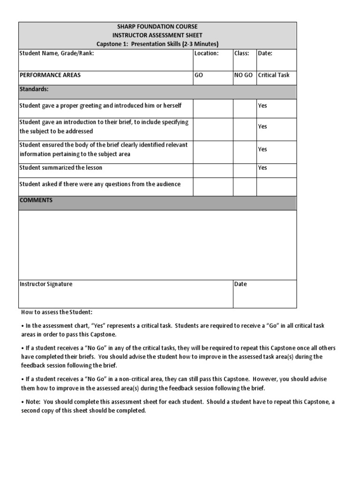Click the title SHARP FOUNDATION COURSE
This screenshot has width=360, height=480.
coord(157,27)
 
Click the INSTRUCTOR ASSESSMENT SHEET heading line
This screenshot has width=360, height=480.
coord(157,35)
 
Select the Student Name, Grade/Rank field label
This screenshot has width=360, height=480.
coord(57,53)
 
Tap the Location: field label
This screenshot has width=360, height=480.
coord(206,53)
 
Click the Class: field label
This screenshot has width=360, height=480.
coord(242,53)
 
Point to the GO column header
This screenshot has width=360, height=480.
coord(199,75)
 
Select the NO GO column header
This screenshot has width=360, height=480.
coord(243,75)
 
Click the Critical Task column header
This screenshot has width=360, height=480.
coord(274,75)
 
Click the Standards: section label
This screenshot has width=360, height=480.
coord(34,89)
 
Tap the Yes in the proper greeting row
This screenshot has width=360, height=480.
coord(262,105)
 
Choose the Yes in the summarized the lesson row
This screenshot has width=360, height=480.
coord(262,168)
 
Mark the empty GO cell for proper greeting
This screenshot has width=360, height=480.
coord(213,108)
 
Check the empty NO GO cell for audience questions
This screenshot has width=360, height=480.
coord(244,187)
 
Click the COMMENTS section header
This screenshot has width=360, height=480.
coord(36,200)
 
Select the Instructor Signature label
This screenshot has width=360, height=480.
coord(46,284)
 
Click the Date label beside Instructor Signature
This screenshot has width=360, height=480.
coord(240,284)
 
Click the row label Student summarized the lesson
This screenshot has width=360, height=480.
coord(60,168)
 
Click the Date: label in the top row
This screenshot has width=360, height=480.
coord(265,53)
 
